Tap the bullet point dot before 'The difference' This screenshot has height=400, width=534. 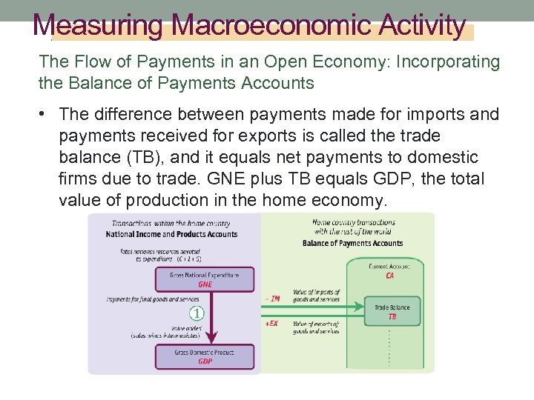[x=45, y=114]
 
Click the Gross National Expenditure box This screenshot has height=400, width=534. [x=204, y=279]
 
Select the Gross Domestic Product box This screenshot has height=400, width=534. [x=204, y=356]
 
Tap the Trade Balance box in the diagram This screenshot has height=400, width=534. [x=392, y=312]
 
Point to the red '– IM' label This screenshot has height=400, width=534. [x=272, y=299]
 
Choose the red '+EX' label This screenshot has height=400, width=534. [x=272, y=324]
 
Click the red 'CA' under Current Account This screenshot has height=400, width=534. [x=390, y=276]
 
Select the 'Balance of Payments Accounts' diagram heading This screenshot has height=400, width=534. [x=352, y=243]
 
